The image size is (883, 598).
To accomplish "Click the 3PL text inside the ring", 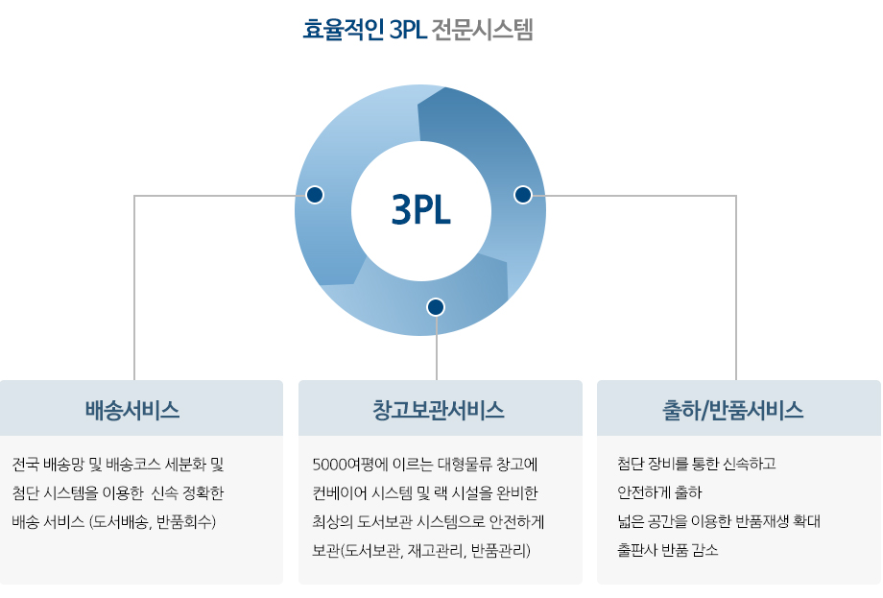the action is (421, 210).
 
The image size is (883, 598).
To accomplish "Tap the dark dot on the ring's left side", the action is (315, 195).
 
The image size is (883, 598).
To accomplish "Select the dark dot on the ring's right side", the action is (523, 195).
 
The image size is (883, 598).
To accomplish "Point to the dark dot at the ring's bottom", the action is (436, 307).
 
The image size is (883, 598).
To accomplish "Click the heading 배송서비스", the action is (132, 410).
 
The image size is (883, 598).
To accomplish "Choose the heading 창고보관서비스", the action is (438, 410).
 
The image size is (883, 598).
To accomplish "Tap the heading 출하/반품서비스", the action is (732, 410).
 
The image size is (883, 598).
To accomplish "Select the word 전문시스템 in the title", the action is (482, 30).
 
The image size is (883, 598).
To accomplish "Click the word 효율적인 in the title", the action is (344, 30).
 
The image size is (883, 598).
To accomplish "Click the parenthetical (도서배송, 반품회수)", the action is (152, 522).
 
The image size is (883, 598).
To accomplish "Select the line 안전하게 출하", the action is (659, 492).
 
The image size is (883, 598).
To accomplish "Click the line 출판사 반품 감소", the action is (667, 550).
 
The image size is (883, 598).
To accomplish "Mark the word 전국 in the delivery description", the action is (25, 465).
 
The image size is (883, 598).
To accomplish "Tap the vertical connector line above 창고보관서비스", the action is (437, 348).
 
